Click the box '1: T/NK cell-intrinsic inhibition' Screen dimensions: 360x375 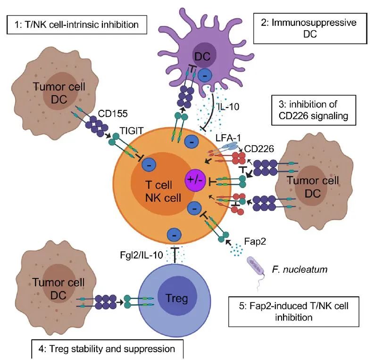pyautogui.click(x=75, y=24)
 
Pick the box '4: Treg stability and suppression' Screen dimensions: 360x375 pyautogui.click(x=107, y=349)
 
